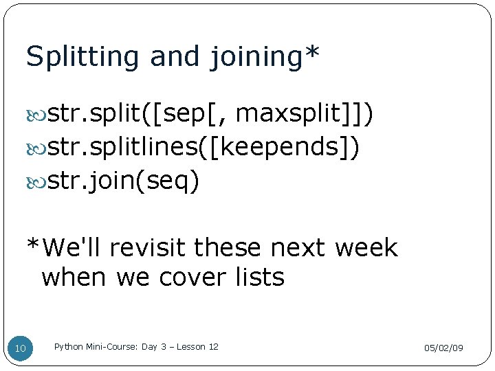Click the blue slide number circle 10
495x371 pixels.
pyautogui.click(x=21, y=349)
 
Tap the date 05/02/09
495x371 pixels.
pyautogui.click(x=443, y=348)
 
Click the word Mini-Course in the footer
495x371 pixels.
pyautogui.click(x=112, y=347)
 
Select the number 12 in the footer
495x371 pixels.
pyautogui.click(x=213, y=347)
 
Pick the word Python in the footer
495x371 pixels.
pyautogui.click(x=69, y=347)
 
